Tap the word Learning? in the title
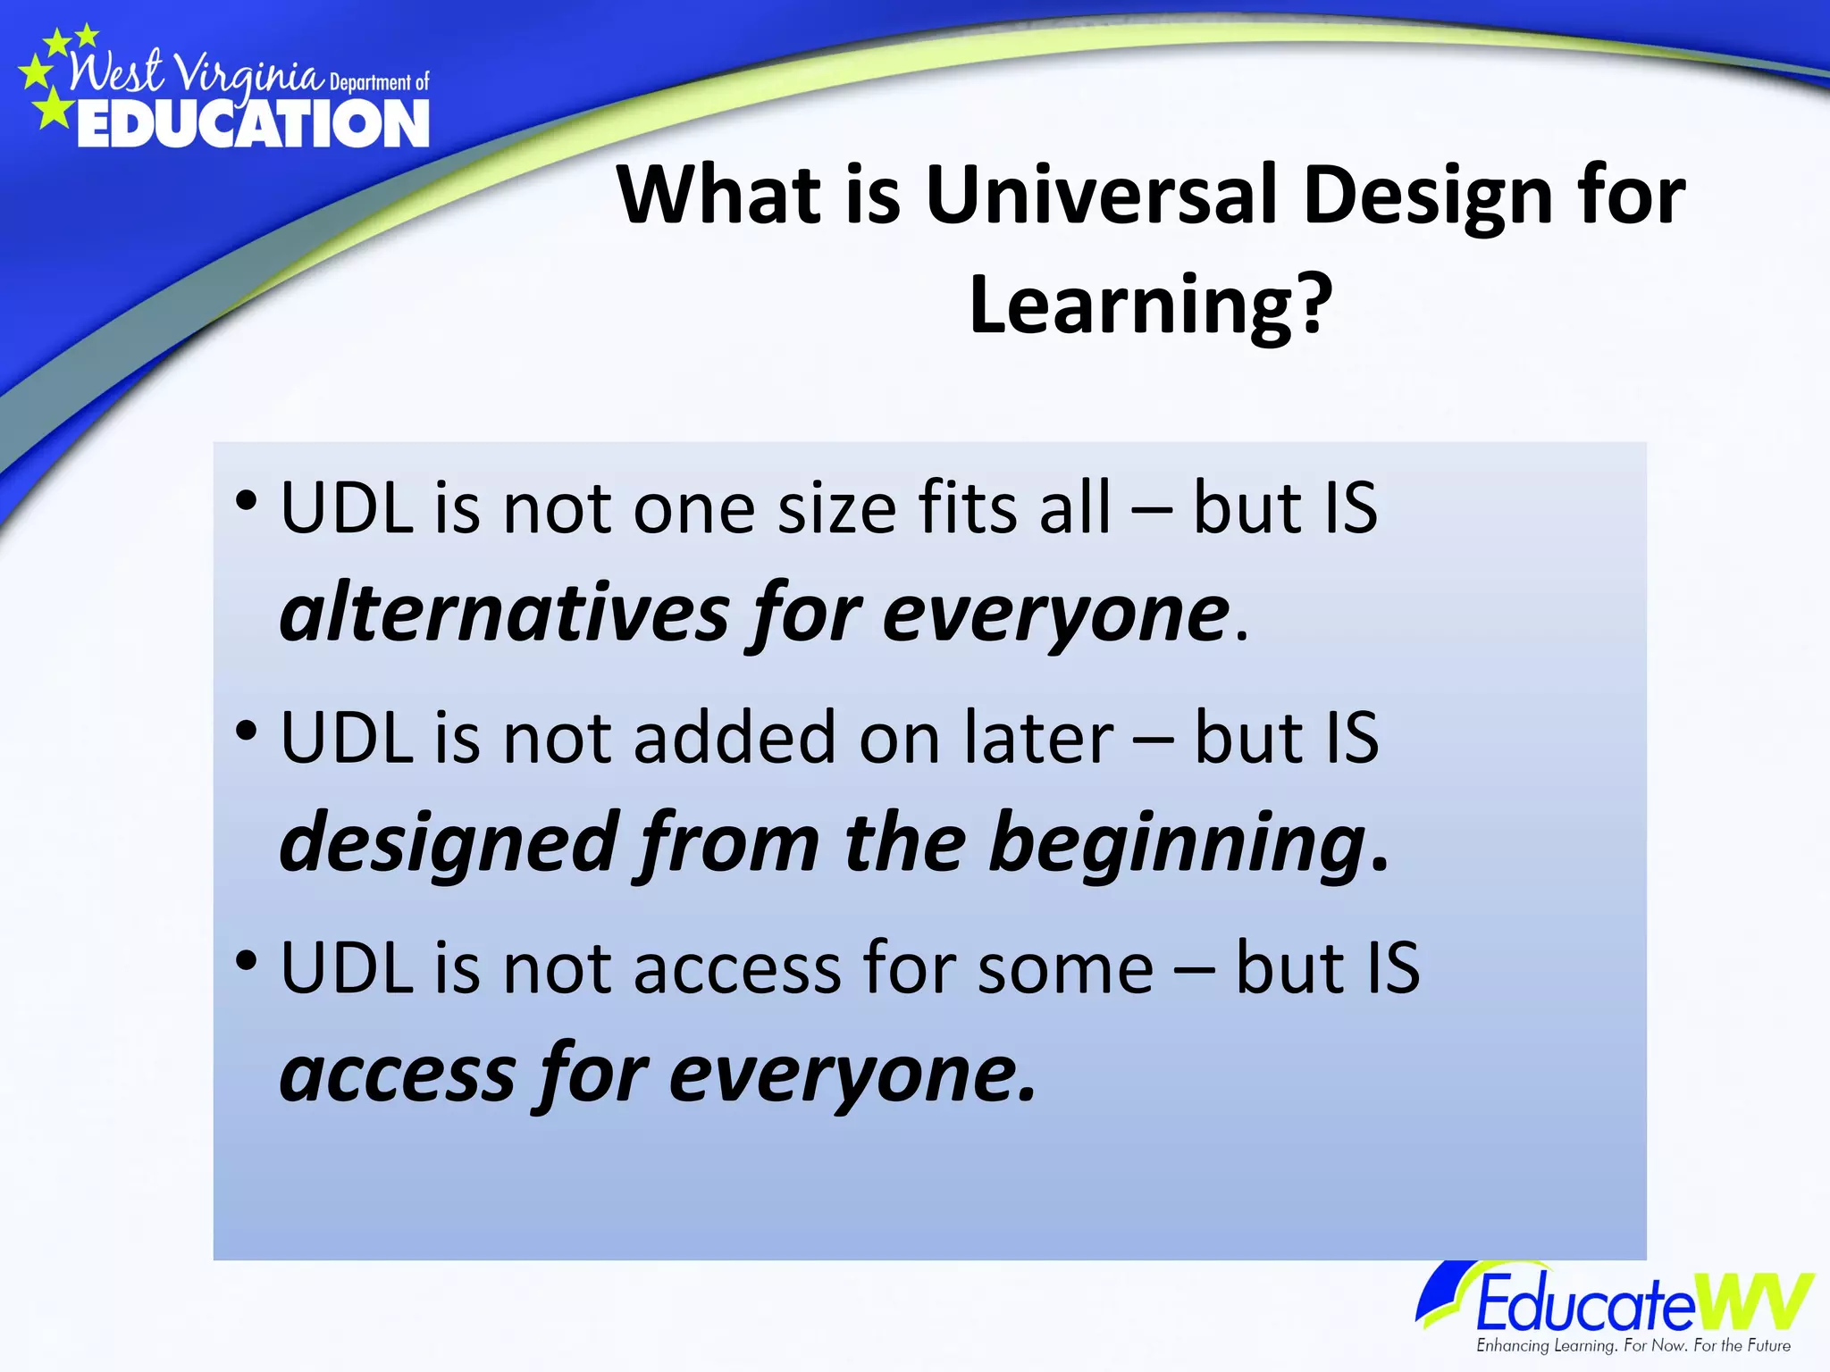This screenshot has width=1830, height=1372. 1151,305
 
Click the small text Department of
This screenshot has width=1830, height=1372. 379,83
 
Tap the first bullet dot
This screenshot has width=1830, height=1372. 247,500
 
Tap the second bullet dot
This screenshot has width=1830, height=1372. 247,731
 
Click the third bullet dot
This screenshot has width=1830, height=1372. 247,961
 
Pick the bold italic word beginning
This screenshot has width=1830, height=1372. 1178,843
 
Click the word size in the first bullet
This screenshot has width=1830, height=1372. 836,509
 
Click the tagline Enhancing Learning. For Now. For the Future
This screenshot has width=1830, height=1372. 1633,1345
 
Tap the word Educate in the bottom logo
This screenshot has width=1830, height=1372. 1583,1304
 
